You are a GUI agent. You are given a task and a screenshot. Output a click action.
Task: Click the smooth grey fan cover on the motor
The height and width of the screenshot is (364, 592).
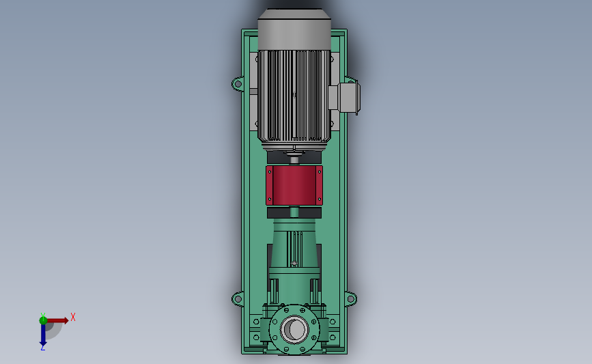click(x=294, y=29)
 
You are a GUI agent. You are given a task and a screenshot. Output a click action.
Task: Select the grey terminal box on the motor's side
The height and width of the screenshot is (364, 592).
click(x=348, y=98)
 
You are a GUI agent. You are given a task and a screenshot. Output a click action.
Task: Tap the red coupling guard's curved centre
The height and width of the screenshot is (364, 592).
click(x=294, y=185)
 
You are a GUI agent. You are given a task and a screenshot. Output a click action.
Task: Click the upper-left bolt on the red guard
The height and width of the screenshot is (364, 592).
click(x=269, y=172)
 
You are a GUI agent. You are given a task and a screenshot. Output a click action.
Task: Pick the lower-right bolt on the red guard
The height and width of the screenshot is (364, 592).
click(x=320, y=199)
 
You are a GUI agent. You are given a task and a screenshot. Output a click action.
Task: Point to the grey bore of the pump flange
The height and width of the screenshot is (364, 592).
click(x=294, y=329)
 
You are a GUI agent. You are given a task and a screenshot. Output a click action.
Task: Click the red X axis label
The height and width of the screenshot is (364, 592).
click(x=73, y=317)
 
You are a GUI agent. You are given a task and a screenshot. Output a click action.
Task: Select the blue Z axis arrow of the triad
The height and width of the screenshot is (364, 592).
click(x=43, y=335)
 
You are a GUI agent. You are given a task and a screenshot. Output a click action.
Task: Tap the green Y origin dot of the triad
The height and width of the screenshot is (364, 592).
click(x=43, y=320)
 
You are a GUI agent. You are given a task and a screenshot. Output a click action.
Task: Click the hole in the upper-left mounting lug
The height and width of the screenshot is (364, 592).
click(x=238, y=83)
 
